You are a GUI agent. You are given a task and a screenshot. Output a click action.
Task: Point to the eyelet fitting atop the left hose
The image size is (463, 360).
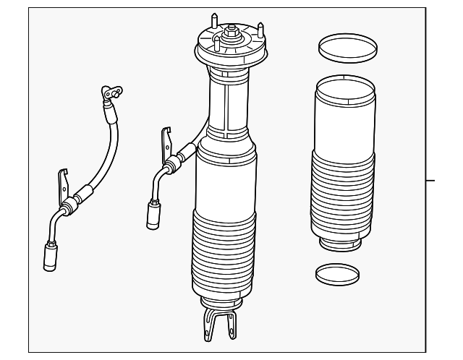click(x=111, y=92)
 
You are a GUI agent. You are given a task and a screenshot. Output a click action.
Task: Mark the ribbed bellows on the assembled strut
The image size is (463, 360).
click(x=223, y=253)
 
